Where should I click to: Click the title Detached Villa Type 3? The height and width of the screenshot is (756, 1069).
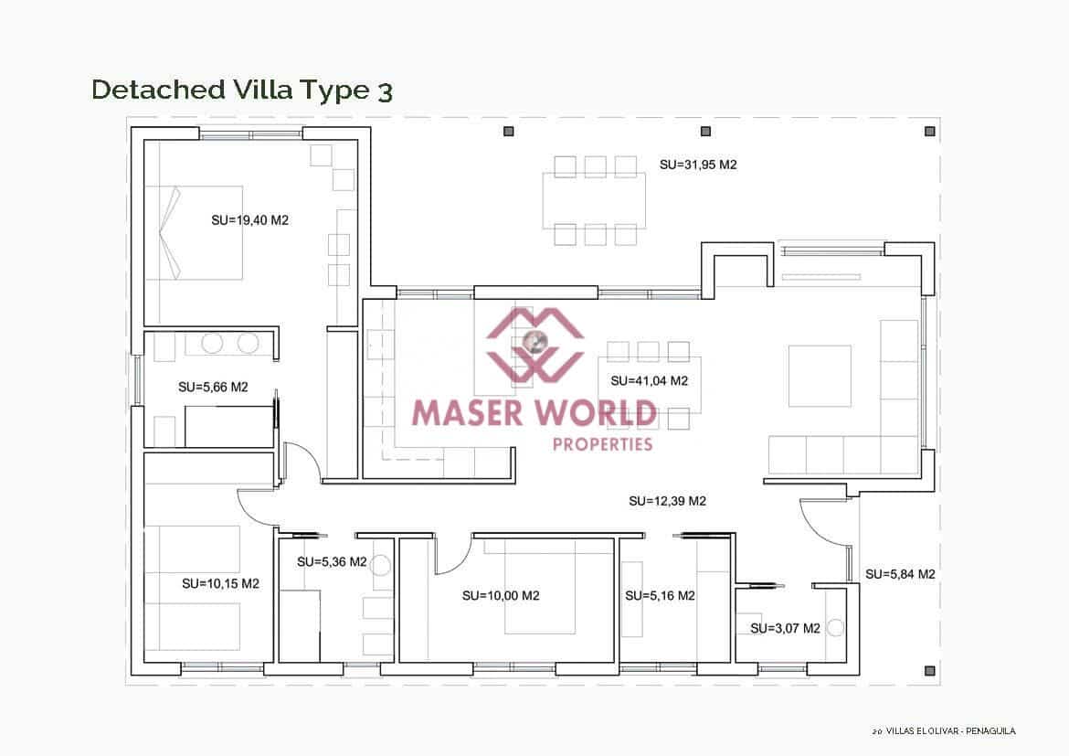click(x=242, y=90)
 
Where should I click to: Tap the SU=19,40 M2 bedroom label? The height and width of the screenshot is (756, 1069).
click(x=249, y=220)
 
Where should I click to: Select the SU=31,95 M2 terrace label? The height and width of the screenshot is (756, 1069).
click(x=698, y=165)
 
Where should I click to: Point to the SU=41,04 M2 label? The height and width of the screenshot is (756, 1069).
click(x=649, y=381)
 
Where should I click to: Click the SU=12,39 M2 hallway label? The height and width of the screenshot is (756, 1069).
click(x=667, y=501)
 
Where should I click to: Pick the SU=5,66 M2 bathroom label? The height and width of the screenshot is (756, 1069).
click(x=213, y=388)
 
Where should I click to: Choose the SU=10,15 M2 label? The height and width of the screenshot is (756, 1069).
click(x=220, y=583)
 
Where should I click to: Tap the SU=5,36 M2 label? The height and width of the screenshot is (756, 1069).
click(x=332, y=562)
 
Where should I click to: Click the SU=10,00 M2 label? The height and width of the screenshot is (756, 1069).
click(x=501, y=596)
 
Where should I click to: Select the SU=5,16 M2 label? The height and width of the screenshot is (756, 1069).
click(x=660, y=596)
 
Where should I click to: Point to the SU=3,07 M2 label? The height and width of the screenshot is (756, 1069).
click(x=785, y=629)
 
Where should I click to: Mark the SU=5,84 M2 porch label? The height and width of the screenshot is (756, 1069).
click(x=900, y=574)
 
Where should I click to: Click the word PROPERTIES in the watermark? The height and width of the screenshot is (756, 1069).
click(x=603, y=444)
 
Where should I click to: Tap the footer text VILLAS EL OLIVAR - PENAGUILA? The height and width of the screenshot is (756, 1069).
click(x=950, y=731)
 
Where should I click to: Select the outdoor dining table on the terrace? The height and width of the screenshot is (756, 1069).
click(x=594, y=200)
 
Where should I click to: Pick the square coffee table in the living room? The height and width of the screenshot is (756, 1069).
click(x=820, y=376)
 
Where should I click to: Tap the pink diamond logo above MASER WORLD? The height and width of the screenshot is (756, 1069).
click(x=534, y=344)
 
